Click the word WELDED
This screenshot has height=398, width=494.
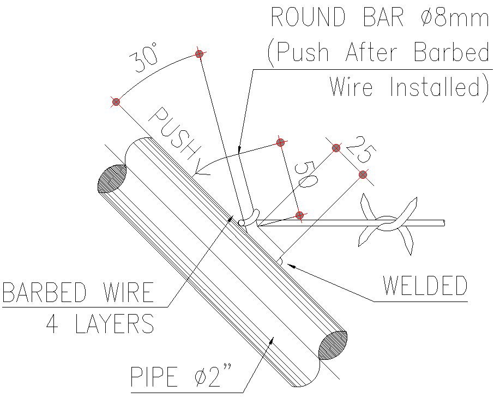pos(425,286)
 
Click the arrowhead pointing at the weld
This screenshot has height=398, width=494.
pos(289,265)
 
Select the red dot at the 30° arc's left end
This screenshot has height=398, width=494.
pos(116,101)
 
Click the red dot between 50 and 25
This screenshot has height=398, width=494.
pos(336,148)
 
